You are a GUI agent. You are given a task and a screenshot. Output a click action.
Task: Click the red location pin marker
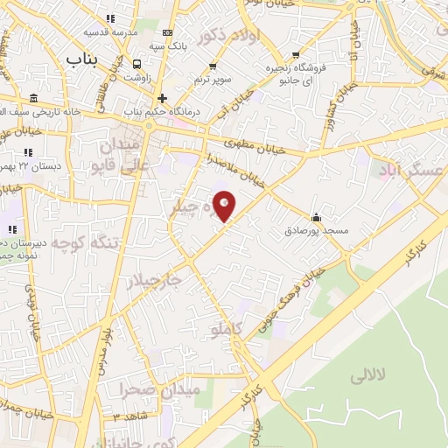click(225, 206)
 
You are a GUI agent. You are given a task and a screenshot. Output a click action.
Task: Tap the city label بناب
click(84, 57)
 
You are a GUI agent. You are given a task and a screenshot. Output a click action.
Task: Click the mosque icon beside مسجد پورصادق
click(315, 218)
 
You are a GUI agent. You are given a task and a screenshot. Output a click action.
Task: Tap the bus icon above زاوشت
click(137, 64)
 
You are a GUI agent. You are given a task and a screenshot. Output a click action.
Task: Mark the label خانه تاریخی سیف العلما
click(39, 111)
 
